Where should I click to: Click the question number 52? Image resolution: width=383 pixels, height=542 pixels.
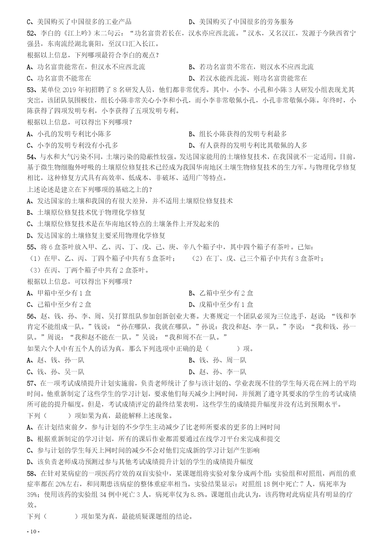coord(31,33)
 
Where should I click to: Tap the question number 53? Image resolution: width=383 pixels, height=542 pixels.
coord(31,90)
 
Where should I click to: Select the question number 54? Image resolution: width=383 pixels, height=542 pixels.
coord(31,157)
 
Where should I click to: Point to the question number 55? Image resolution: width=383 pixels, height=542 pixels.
coord(31,247)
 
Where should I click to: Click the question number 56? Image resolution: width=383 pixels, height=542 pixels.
coord(31,316)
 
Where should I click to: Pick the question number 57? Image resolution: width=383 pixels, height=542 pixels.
coord(31,383)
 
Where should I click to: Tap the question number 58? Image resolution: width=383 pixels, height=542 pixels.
coord(31,474)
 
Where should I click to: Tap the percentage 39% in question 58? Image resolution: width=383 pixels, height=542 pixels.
coord(32,494)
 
